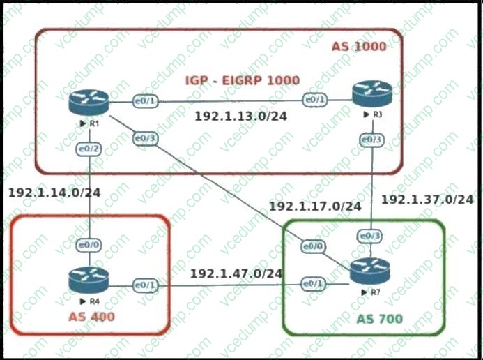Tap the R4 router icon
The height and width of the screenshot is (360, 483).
(x=89, y=280)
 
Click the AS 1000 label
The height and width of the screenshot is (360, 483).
(x=358, y=46)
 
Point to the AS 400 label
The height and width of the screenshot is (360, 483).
(x=92, y=317)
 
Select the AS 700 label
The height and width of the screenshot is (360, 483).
(x=379, y=319)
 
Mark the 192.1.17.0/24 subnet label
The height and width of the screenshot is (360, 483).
(x=314, y=206)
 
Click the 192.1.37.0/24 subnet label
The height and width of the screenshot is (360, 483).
(x=427, y=199)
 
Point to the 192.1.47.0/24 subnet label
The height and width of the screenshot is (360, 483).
(x=236, y=273)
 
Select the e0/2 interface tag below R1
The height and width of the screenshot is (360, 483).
(x=89, y=148)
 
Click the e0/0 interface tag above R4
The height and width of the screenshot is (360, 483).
(x=89, y=245)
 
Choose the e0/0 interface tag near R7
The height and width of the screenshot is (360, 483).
(x=312, y=246)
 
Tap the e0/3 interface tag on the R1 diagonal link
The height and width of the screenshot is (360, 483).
(x=145, y=138)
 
